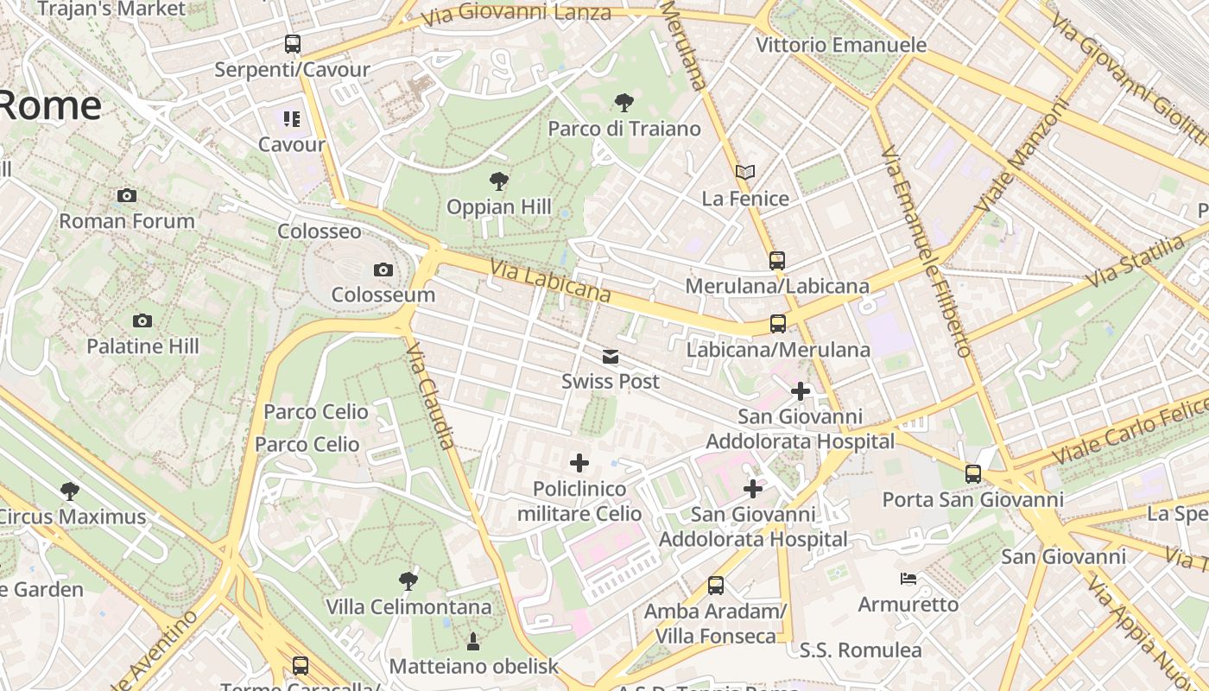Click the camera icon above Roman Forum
pyautogui.click(x=127, y=196)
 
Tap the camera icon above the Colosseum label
pyautogui.click(x=383, y=270)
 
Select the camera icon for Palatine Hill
pyautogui.click(x=142, y=321)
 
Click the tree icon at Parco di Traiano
pyautogui.click(x=623, y=104)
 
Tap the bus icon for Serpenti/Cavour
pyautogui.click(x=293, y=44)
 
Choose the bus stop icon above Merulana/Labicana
pyautogui.click(x=777, y=260)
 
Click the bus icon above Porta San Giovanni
pyautogui.click(x=973, y=474)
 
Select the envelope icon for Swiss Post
pyautogui.click(x=611, y=357)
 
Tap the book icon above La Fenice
pyautogui.click(x=745, y=173)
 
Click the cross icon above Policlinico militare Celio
pyautogui.click(x=579, y=463)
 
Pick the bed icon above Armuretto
pyautogui.click(x=908, y=579)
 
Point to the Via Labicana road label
pyautogui.click(x=550, y=282)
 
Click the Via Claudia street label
pyautogui.click(x=430, y=395)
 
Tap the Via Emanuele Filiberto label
pyautogui.click(x=927, y=251)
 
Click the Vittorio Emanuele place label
pyautogui.click(x=840, y=45)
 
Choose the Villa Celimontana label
pyautogui.click(x=408, y=607)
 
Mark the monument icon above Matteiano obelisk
pyautogui.click(x=472, y=641)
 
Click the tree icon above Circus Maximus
pyautogui.click(x=70, y=491)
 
